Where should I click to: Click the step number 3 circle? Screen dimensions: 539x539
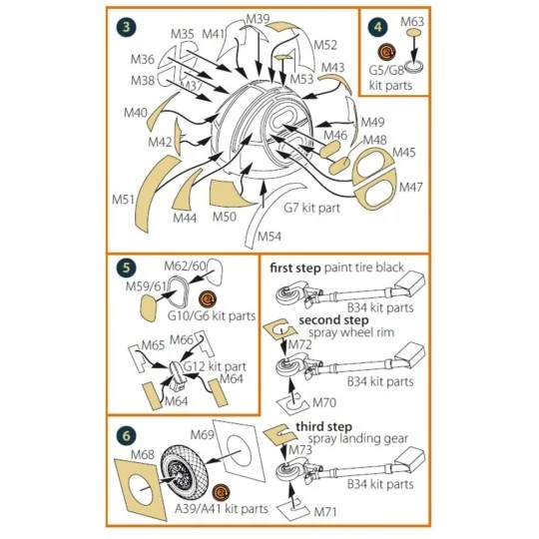pyautogui.click(x=126, y=27)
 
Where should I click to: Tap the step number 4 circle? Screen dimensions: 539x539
pyautogui.click(x=377, y=27)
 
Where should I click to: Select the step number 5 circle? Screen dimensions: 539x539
pyautogui.click(x=126, y=268)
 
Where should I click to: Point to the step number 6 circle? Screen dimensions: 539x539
pyautogui.click(x=126, y=435)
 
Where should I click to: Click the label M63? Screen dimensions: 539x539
pyautogui.click(x=412, y=22)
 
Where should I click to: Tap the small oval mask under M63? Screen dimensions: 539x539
pyautogui.click(x=414, y=33)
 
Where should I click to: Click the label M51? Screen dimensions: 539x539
pyautogui.click(x=123, y=200)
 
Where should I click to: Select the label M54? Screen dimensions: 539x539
pyautogui.click(x=269, y=237)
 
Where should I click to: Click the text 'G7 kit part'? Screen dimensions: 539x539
pyautogui.click(x=311, y=208)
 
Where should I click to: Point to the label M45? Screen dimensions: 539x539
pyautogui.click(x=404, y=152)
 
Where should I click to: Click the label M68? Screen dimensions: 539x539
pyautogui.click(x=143, y=454)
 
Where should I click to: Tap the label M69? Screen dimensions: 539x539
pyautogui.click(x=202, y=434)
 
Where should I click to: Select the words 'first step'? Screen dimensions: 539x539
pyautogui.click(x=295, y=268)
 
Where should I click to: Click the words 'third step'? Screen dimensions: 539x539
pyautogui.click(x=323, y=427)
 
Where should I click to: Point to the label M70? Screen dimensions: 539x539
pyautogui.click(x=324, y=402)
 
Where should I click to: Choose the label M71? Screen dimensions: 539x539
pyautogui.click(x=325, y=512)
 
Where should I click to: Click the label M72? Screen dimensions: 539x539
pyautogui.click(x=300, y=344)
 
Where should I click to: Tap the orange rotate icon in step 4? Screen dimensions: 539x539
pyautogui.click(x=386, y=52)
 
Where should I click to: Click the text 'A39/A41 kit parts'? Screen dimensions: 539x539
pyautogui.click(x=222, y=509)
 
